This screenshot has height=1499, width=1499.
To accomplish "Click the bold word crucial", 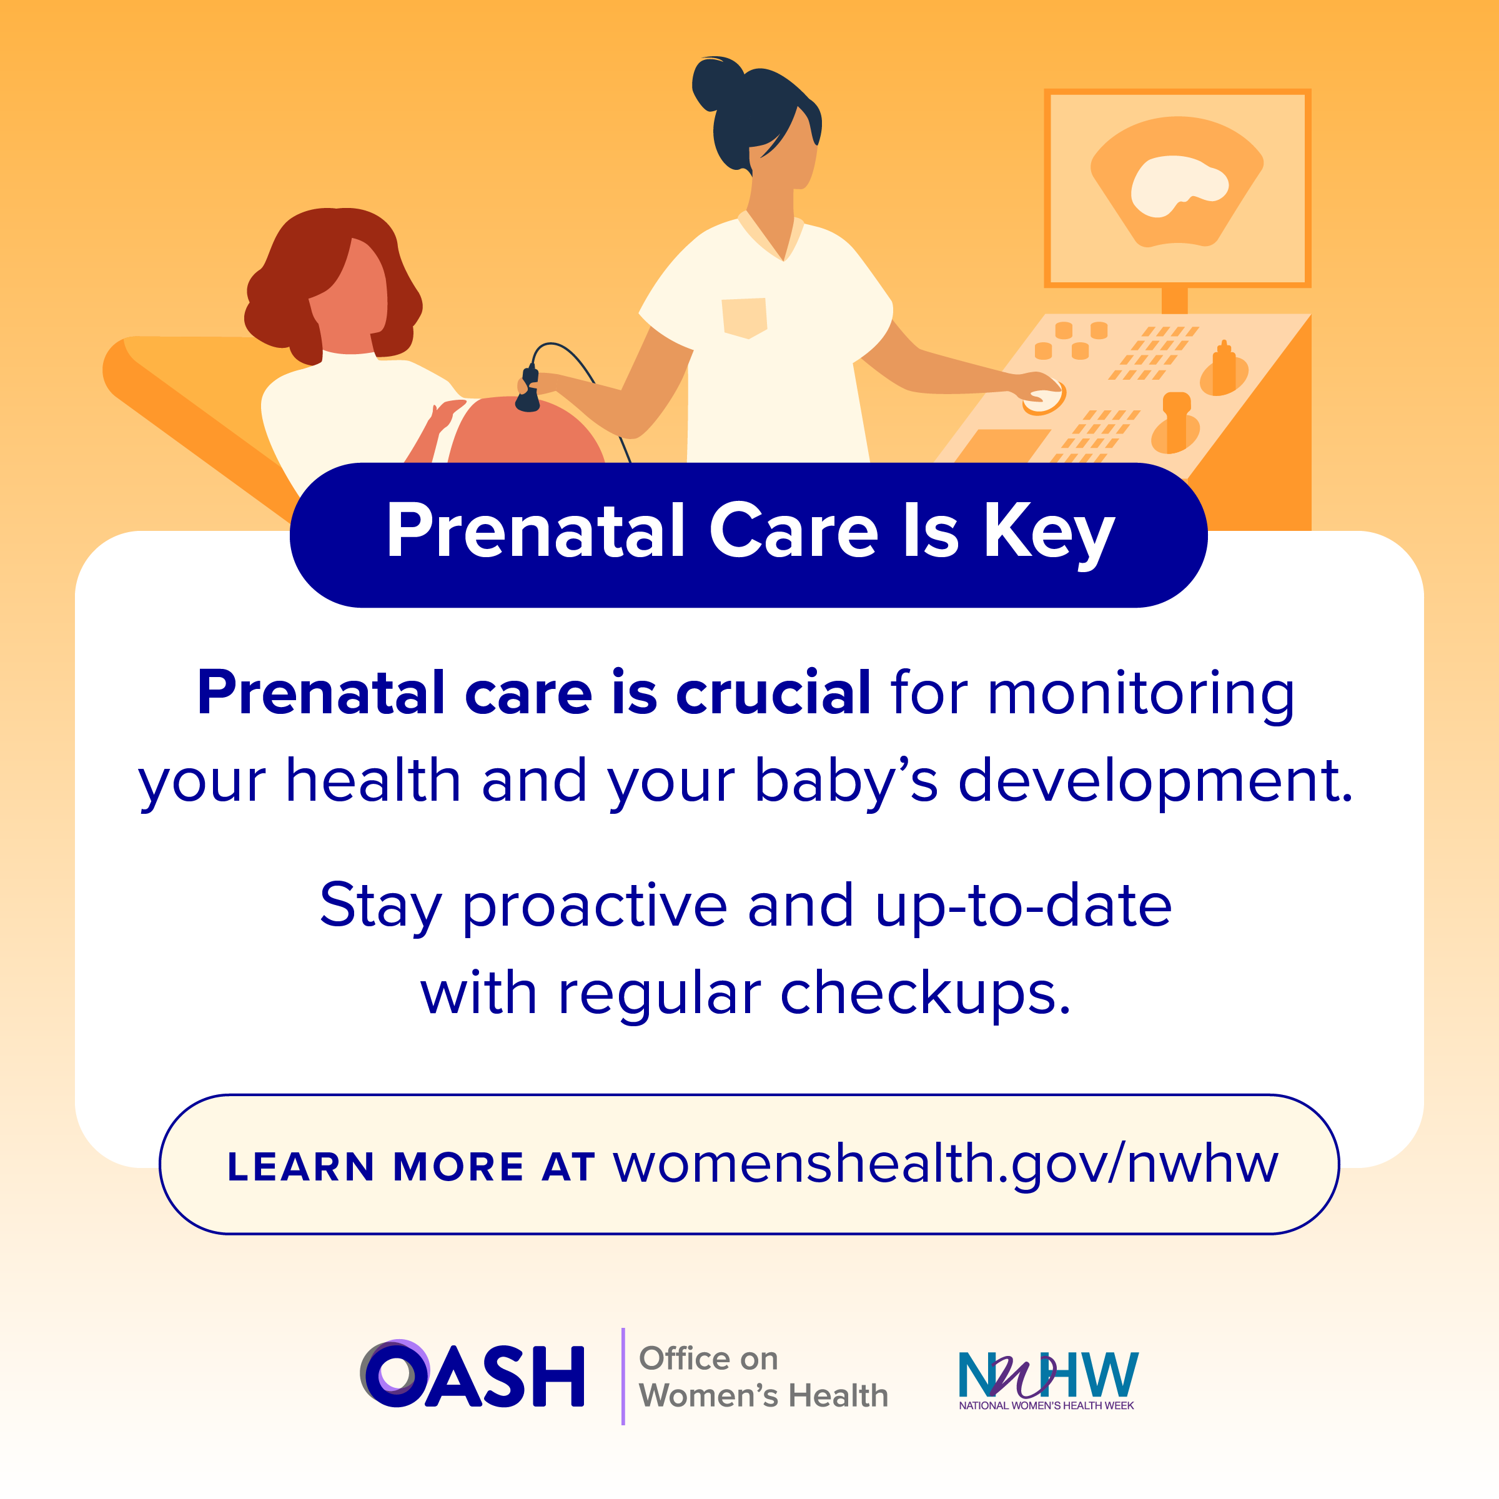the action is (774, 692).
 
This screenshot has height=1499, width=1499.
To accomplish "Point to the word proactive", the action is (595, 907).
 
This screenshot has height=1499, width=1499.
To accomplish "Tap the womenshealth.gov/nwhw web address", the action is (946, 1165).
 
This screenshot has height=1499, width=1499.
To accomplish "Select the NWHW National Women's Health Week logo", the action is (1047, 1380).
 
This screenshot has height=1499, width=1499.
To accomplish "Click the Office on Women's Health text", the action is (763, 1377).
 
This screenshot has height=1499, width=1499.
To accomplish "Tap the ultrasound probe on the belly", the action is (528, 390).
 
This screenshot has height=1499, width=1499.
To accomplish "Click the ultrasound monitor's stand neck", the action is (1175, 300).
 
